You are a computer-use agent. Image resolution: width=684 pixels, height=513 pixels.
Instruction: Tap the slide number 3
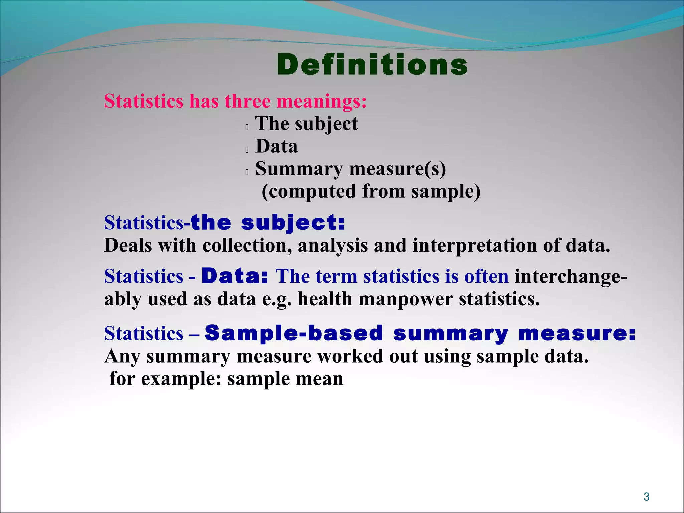(x=646, y=497)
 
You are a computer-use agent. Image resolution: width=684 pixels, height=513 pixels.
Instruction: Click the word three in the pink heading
(x=247, y=101)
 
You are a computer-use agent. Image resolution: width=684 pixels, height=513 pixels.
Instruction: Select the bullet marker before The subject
(x=247, y=127)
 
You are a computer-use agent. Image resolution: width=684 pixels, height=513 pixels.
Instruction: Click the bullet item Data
(x=276, y=146)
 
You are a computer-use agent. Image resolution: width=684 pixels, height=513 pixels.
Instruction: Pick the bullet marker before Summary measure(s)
(x=247, y=172)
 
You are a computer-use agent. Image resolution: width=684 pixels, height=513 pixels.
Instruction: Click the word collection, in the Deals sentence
(x=247, y=245)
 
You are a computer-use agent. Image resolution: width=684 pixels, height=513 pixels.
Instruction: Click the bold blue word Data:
(x=235, y=276)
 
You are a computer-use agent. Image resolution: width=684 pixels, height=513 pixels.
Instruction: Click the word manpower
(x=405, y=299)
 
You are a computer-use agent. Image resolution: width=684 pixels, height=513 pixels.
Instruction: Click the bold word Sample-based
(x=294, y=333)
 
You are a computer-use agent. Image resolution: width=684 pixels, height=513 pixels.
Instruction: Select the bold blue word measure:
(x=577, y=334)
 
